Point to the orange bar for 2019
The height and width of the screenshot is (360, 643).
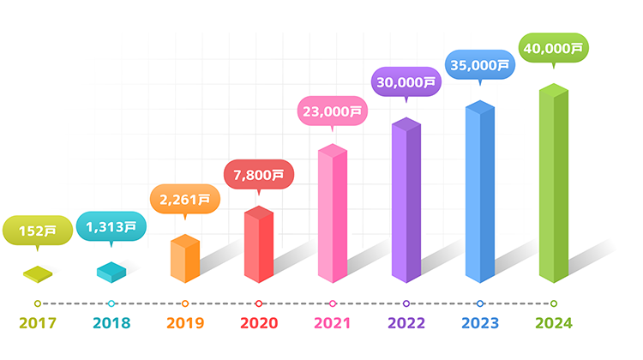[184, 259]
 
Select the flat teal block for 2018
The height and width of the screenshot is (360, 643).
[111, 272]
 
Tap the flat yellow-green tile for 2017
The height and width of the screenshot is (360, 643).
[37, 274]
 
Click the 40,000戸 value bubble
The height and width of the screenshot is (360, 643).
[554, 48]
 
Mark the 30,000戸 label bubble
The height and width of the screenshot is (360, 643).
[406, 83]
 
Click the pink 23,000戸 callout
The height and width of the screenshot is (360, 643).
[333, 111]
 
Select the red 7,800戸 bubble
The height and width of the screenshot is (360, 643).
[259, 175]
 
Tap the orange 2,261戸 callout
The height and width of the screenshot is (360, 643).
[185, 200]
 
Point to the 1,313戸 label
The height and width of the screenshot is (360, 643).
[111, 226]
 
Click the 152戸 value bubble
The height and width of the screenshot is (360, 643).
[38, 231]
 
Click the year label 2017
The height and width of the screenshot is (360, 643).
[37, 323]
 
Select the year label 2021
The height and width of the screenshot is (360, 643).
[332, 323]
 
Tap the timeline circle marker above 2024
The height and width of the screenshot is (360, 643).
[554, 303]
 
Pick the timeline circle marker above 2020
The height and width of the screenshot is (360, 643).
[259, 303]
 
